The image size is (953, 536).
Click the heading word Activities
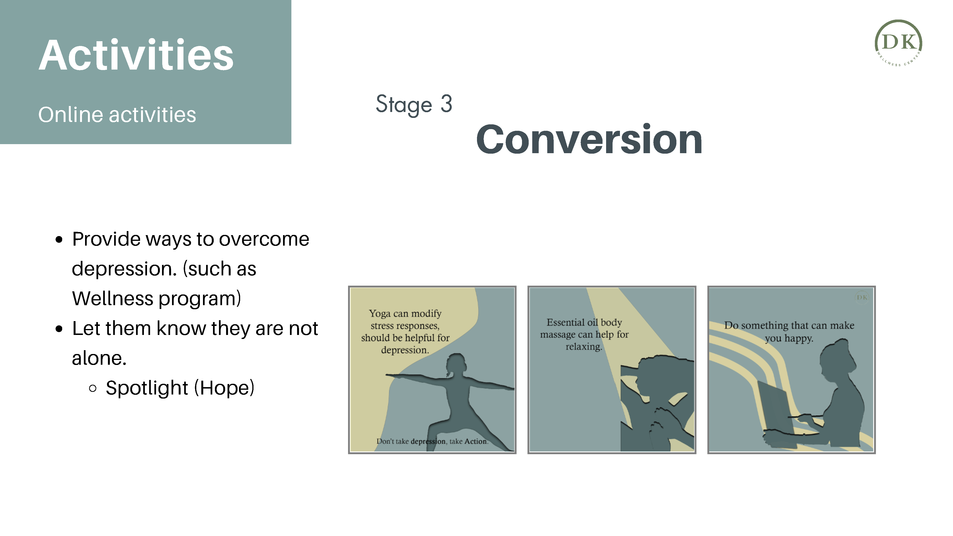coord(136,55)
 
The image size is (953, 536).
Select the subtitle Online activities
coord(117,115)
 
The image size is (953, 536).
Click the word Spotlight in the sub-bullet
coord(147,388)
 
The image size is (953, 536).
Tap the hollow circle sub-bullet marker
coord(93,388)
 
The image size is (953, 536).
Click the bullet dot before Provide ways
coord(59,240)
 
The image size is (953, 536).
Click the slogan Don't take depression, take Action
coord(432,441)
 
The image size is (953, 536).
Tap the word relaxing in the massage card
coord(584,347)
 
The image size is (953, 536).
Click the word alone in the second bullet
coord(99,359)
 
